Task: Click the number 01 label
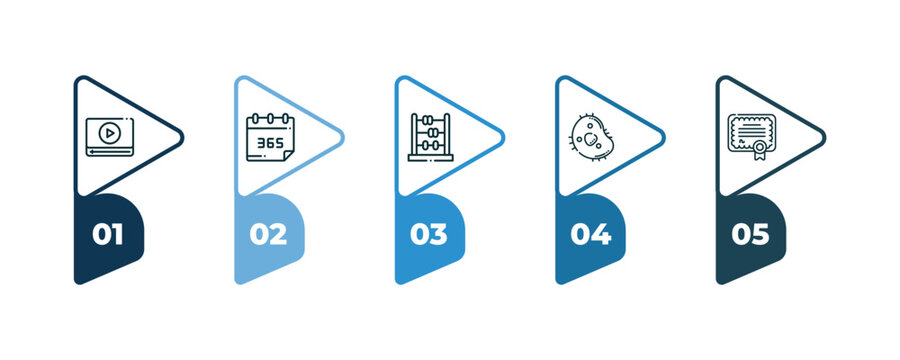[x=107, y=235]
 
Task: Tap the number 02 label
[x=268, y=235]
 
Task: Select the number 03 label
[x=428, y=235]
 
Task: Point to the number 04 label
[x=590, y=235]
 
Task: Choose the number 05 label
[x=750, y=235]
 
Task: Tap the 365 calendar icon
[x=270, y=137]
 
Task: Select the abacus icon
[x=431, y=137]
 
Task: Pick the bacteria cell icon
[x=591, y=137]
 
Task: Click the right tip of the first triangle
[x=182, y=134]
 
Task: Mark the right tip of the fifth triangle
[x=823, y=134]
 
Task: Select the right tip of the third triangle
[x=502, y=134]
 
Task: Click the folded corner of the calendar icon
[x=287, y=154]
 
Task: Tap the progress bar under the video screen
[x=109, y=152]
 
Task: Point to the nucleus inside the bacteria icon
[x=590, y=139]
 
